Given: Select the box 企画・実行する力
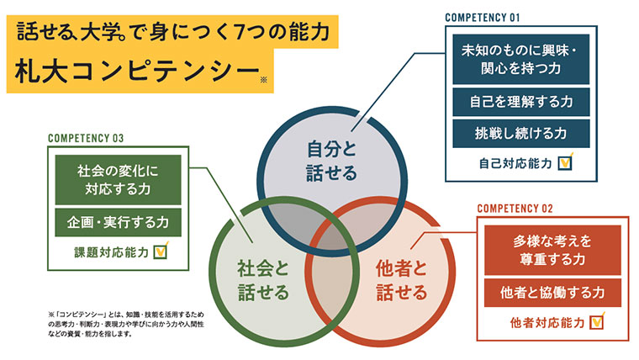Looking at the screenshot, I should (118, 222).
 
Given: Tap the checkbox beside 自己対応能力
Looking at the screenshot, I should (566, 161).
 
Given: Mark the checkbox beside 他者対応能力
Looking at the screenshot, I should (597, 321).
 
